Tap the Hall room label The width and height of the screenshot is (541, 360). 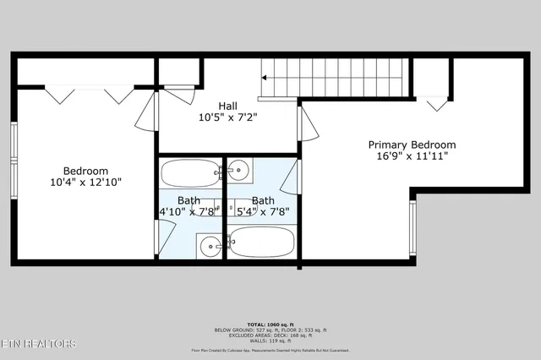coord(227,106)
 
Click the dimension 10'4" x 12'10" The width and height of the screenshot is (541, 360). coord(85,182)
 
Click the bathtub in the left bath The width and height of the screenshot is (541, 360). coord(189,174)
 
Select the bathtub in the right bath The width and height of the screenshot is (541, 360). coord(262,243)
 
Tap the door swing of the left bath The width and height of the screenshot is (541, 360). coord(161,239)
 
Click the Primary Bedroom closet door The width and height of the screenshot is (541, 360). coord(436,104)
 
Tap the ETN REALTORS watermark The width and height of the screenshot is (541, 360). coord(38,344)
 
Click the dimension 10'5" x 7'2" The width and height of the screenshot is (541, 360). coord(227,117)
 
